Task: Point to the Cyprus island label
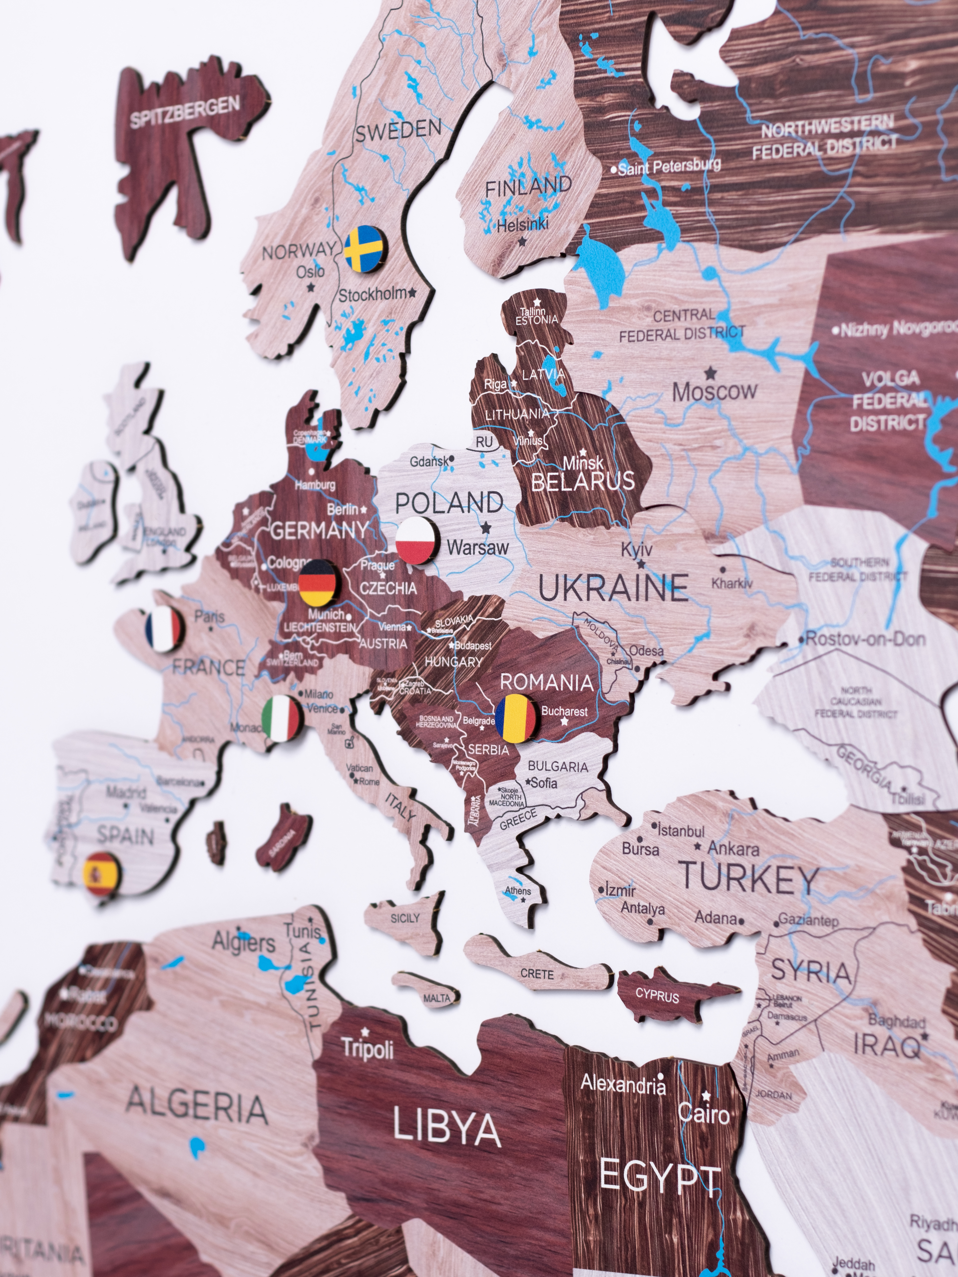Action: (657, 996)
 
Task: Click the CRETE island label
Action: (537, 974)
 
